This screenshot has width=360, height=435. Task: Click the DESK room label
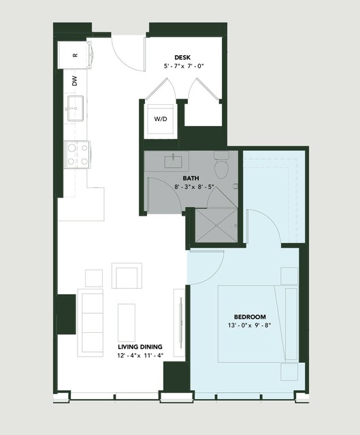(182, 57)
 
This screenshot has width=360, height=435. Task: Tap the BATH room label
(191, 178)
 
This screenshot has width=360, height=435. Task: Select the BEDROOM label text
(250, 317)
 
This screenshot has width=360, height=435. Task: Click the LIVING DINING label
(140, 347)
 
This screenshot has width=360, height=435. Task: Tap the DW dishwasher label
(75, 81)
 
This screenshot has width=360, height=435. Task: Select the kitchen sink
(75, 108)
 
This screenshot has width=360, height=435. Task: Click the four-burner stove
(78, 155)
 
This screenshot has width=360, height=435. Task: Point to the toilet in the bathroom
(221, 165)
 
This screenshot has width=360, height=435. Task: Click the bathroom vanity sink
(174, 162)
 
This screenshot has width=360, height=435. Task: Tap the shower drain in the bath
(216, 225)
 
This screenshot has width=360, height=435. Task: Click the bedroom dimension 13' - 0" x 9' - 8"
(249, 325)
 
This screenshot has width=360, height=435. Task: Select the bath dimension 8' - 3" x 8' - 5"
(194, 187)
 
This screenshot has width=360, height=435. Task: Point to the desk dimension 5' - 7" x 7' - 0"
(184, 66)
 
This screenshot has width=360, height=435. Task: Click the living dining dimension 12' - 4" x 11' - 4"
(140, 355)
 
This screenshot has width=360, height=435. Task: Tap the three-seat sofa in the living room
(91, 323)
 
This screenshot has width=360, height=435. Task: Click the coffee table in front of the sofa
(127, 323)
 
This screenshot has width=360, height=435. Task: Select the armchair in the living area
(127, 276)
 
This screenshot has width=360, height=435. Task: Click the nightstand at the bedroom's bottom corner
(289, 372)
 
